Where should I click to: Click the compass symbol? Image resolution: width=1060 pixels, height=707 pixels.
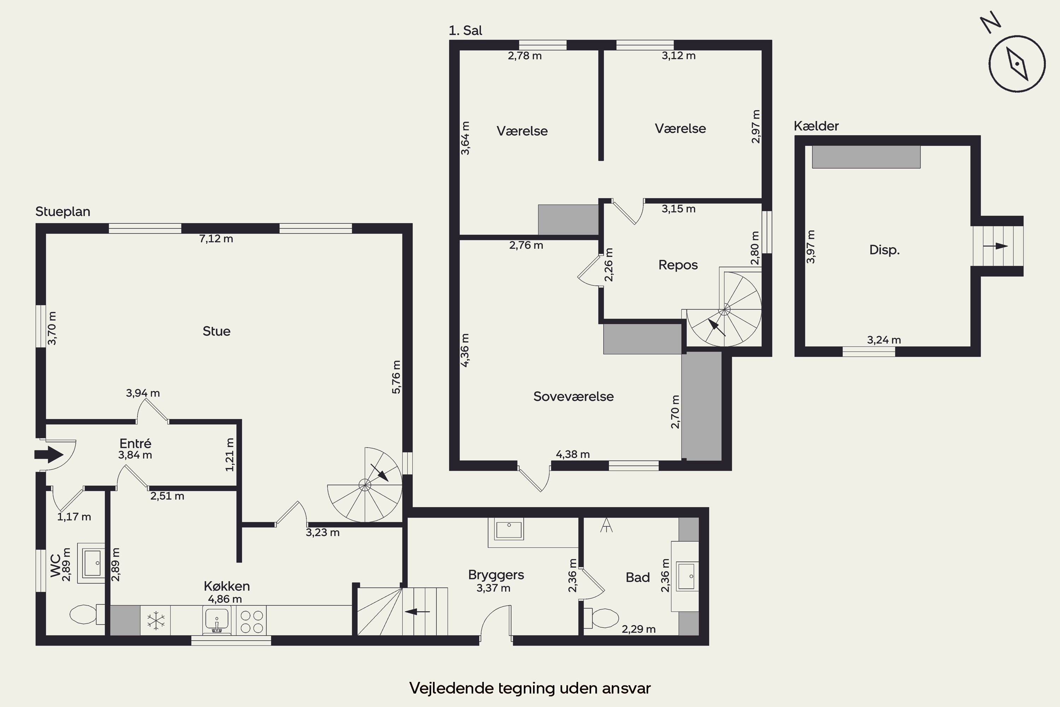point(1017,64)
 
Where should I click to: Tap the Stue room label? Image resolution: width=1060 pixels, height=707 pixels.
point(216,332)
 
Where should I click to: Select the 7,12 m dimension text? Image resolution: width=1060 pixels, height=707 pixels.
point(216,239)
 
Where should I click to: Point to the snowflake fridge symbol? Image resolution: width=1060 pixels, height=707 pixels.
point(156,620)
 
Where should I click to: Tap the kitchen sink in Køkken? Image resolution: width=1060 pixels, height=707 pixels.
point(217,620)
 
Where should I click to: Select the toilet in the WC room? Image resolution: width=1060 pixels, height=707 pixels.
point(87,614)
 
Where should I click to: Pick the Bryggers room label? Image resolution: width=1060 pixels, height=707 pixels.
point(496,575)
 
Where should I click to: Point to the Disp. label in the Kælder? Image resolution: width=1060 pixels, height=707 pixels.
point(884,250)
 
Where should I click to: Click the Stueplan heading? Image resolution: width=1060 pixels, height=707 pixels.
point(63,211)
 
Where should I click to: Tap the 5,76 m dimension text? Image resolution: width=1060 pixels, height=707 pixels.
point(396,377)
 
